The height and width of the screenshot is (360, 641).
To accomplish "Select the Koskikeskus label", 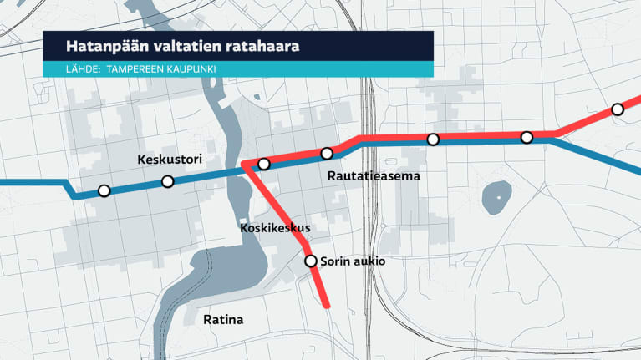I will [x=275, y=227].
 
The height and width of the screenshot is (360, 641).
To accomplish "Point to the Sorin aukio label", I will [x=353, y=261].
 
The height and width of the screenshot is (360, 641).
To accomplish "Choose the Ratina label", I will [x=223, y=320].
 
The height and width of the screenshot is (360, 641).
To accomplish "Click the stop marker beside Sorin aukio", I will [x=311, y=261].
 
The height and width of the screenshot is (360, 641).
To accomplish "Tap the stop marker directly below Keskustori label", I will [x=167, y=181].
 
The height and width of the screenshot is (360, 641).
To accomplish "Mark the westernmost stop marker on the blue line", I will [x=104, y=190].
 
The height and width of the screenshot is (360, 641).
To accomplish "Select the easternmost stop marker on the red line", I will [x=618, y=109].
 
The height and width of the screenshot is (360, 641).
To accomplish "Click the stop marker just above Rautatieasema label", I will [x=327, y=153].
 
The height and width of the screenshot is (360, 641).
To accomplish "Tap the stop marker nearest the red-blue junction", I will [x=264, y=164].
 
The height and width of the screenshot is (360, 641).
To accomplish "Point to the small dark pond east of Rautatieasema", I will [x=496, y=198].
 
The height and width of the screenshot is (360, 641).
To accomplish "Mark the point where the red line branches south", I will [x=246, y=165].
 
